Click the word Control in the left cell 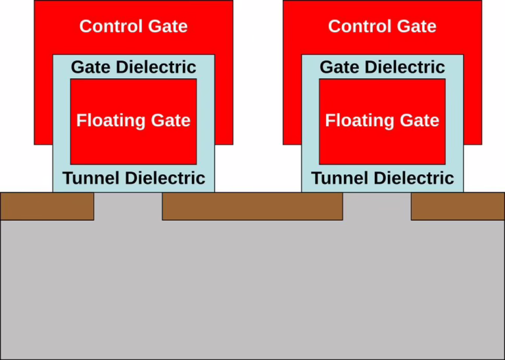[109, 26]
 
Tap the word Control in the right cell [358, 26]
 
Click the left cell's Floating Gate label [133, 121]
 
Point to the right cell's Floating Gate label [382, 121]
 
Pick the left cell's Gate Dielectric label [133, 67]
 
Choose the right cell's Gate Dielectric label [382, 67]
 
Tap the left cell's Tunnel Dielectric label [133, 178]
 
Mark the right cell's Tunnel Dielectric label [382, 178]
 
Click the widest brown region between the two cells [252, 206]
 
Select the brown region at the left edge [47, 206]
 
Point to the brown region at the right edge [458, 206]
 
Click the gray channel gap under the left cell [128, 206]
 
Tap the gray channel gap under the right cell [377, 206]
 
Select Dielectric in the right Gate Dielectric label [408, 67]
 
